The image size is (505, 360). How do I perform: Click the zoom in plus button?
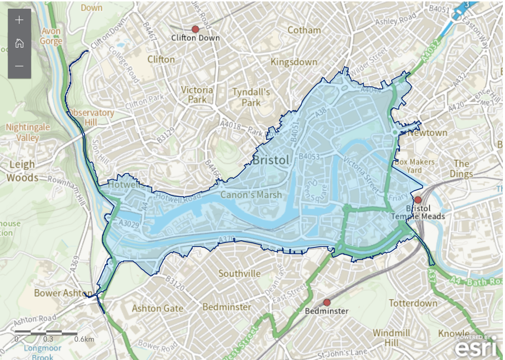tap(20, 20)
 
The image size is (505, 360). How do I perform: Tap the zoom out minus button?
tap(20, 67)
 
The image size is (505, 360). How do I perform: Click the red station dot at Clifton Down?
tap(195, 29)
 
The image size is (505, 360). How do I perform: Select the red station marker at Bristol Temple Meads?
tap(418, 200)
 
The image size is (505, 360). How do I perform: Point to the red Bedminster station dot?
tap(327, 302)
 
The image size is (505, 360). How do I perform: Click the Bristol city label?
tap(271, 160)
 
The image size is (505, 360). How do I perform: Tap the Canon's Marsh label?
tap(251, 195)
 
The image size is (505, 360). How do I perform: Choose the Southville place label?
tap(239, 274)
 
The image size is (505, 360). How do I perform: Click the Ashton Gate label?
tap(157, 308)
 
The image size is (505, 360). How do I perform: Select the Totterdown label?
tap(413, 303)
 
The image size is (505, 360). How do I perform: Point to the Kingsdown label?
tap(294, 62)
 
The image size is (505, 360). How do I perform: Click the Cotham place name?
tap(304, 30)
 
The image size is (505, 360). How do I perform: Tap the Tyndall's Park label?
tap(251, 97)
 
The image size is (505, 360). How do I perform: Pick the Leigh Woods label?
tap(22, 171)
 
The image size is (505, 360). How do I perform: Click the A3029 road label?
tap(129, 224)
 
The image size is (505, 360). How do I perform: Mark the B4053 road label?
tap(309, 157)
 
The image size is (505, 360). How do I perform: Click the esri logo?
tap(475, 347)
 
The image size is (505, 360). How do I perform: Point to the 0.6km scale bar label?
tap(84, 339)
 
